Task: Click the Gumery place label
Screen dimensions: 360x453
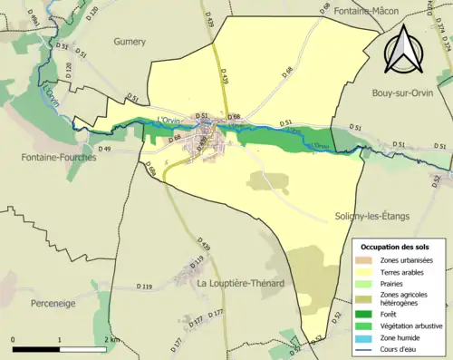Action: point(130,42)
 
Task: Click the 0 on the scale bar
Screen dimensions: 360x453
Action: point(14,339)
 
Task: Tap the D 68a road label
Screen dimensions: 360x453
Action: point(150,170)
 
